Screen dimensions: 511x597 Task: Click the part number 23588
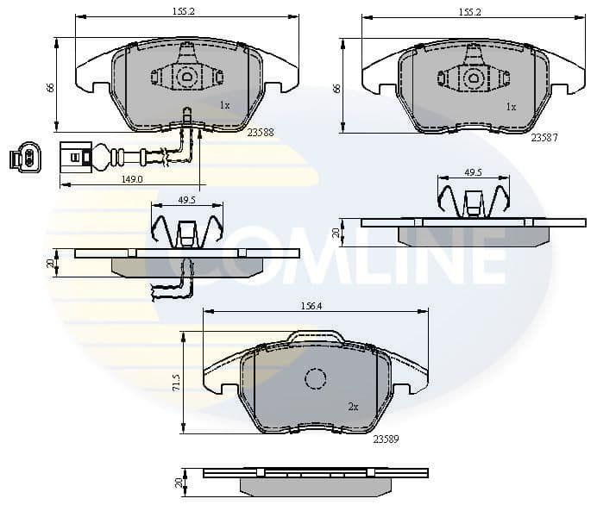(260, 133)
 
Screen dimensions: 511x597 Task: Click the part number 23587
(544, 136)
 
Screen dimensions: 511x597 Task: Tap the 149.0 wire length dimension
(132, 179)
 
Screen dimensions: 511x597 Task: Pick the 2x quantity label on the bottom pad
(353, 406)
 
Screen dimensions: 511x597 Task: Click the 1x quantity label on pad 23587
(511, 107)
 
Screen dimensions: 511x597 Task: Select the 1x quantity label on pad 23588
(224, 105)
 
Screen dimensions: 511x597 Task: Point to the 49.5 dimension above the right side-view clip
(473, 172)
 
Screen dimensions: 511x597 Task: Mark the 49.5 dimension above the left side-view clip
(186, 199)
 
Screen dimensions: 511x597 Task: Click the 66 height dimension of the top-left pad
(48, 86)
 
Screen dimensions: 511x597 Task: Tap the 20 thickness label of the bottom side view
(179, 484)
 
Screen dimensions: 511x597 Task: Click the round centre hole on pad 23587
(473, 78)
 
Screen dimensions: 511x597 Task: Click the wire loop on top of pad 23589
(316, 335)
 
